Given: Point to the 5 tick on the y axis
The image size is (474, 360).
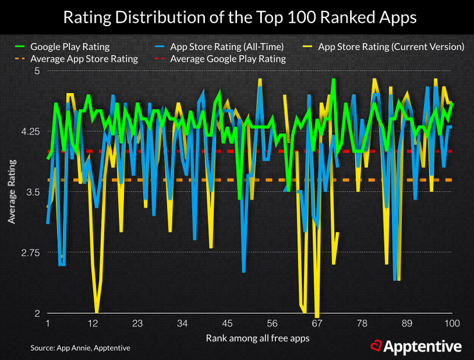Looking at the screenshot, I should click(x=36, y=71).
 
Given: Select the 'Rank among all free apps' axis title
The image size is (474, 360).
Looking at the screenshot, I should click(x=250, y=337).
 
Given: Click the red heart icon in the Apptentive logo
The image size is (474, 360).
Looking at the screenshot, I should click(x=376, y=347).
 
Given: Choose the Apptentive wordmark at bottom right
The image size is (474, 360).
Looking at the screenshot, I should click(x=423, y=347).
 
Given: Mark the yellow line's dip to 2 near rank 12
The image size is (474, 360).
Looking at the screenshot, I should click(x=97, y=312).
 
